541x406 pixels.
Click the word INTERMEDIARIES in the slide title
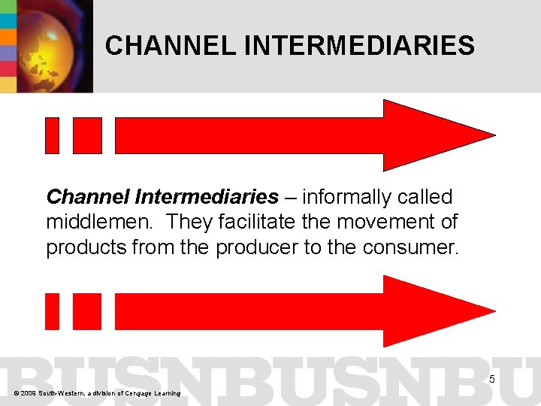tap(359, 47)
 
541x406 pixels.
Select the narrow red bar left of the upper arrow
tap(52, 135)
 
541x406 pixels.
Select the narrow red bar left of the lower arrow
tap(52, 311)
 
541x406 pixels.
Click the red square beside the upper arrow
tap(87, 135)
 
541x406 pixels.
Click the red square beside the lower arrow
tap(87, 311)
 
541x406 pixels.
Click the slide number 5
tap(492, 379)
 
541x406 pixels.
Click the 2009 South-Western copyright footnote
tap(96, 393)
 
